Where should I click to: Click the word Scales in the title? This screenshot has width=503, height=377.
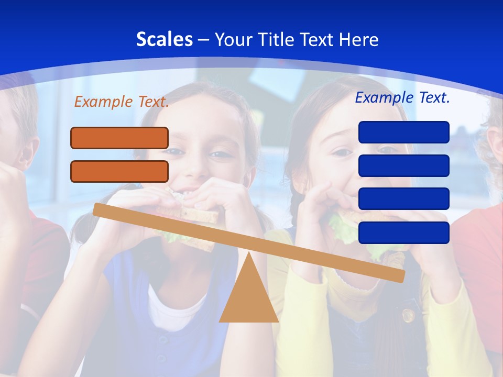(x=164, y=39)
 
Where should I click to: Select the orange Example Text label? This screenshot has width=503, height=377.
(x=122, y=102)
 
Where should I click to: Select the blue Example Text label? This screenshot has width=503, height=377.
(x=402, y=97)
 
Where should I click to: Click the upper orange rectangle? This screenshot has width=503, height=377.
(x=119, y=138)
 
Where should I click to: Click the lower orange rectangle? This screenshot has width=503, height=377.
(x=119, y=171)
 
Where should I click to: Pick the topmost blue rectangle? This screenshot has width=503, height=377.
(x=404, y=132)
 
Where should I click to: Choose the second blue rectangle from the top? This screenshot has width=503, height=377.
(x=404, y=165)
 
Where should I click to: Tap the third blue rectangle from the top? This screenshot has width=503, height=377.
(x=404, y=198)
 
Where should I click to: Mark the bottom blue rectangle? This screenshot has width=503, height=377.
(x=404, y=232)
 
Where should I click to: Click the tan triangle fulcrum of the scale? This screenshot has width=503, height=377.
(x=249, y=298)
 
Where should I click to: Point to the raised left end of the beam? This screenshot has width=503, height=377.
(x=97, y=209)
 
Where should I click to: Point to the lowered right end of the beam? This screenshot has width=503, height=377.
(x=400, y=276)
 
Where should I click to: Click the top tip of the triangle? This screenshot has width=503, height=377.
(x=249, y=253)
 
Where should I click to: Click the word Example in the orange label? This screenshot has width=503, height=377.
(x=104, y=102)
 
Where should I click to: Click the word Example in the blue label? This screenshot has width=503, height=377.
(x=385, y=97)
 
